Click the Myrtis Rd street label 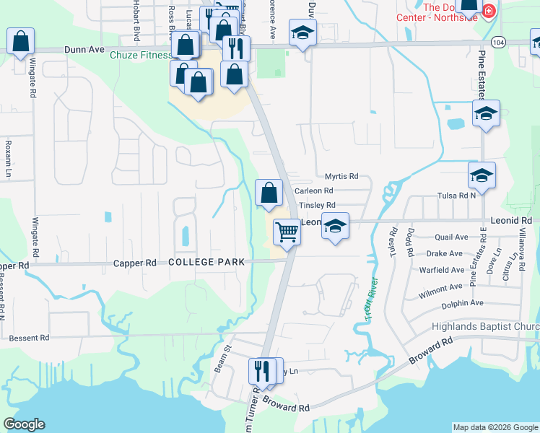[x=341, y=176]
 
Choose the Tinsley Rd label [x=317, y=206]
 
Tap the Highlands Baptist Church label [x=485, y=327]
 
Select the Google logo [x=24, y=424]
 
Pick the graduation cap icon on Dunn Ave [x=302, y=32]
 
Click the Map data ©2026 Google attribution [x=495, y=427]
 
